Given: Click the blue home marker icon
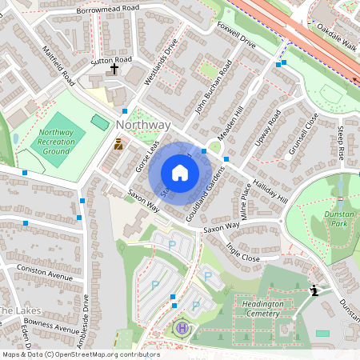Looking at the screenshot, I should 180,173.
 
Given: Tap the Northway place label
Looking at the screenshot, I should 143,126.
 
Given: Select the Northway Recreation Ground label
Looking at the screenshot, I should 55,142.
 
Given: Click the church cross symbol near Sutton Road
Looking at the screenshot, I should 114,70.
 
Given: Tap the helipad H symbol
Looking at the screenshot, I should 182,328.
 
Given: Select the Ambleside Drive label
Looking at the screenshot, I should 85,315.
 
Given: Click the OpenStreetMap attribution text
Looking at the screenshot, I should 80,354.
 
